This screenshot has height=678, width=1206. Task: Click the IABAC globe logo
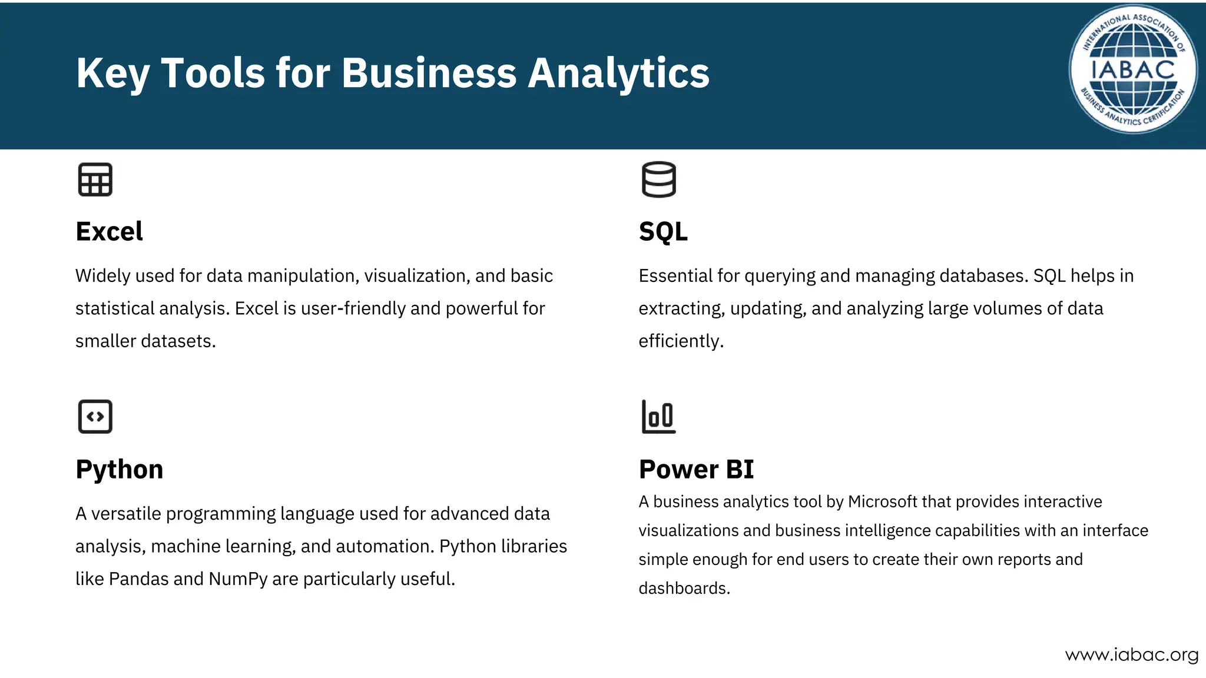pyautogui.click(x=1132, y=69)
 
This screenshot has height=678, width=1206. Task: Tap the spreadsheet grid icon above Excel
pyautogui.click(x=95, y=180)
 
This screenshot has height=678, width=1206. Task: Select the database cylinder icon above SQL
pyautogui.click(x=658, y=180)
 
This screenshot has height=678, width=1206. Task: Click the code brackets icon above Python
pyautogui.click(x=95, y=417)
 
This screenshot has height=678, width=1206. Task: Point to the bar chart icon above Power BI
pyautogui.click(x=658, y=417)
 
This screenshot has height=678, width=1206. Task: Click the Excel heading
pyautogui.click(x=109, y=231)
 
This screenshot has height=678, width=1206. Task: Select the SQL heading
pyautogui.click(x=663, y=231)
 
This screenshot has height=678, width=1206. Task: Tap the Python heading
pyautogui.click(x=120, y=469)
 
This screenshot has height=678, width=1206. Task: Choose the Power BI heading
pyautogui.click(x=696, y=469)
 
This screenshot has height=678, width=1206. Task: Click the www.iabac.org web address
pyautogui.click(x=1131, y=655)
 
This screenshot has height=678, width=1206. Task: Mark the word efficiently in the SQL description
pyautogui.click(x=681, y=341)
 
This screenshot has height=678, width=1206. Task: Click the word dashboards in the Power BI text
pyautogui.click(x=684, y=588)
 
